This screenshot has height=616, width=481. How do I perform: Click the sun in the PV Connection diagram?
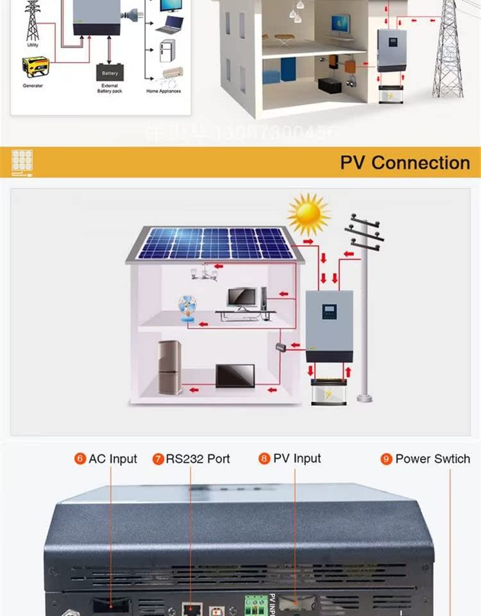click(308, 214)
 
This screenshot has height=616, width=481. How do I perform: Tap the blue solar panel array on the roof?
click(215, 243)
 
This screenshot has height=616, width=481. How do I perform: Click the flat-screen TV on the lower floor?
click(235, 376)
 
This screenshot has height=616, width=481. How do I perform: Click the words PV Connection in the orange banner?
click(405, 162)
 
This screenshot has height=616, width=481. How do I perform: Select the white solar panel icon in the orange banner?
click(22, 162)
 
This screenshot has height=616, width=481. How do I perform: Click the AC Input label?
click(113, 459)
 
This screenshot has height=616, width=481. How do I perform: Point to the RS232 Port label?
click(198, 459)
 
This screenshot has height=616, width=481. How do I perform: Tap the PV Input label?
click(297, 458)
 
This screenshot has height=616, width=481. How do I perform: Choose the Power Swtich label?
click(432, 459)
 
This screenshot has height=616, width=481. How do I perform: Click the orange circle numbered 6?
click(80, 459)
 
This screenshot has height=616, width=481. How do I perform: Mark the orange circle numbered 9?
click(386, 459)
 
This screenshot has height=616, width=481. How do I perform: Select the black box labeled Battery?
click(110, 73)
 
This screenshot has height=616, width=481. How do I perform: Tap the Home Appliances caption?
click(164, 91)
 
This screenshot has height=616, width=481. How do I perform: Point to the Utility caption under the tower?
click(32, 46)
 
